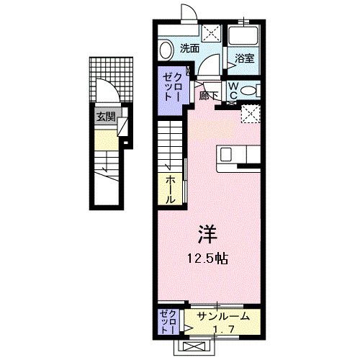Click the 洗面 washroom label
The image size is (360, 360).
click(189, 49)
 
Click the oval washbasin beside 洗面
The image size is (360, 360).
click(166, 50)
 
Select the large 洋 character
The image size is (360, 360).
click(207, 234)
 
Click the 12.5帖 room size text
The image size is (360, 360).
click(207, 258)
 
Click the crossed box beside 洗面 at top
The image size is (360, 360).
click(212, 32)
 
